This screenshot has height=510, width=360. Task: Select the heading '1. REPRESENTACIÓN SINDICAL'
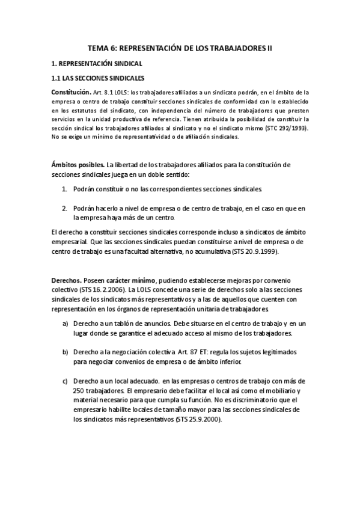tap(96, 63)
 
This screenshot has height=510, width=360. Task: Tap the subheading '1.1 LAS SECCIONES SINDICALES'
tap(98, 78)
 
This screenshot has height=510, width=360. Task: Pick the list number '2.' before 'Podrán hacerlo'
tap(65, 208)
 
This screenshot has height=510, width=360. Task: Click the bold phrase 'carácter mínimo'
tap(132, 280)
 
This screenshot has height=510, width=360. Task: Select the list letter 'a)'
tap(65, 324)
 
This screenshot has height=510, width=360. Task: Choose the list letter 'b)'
tap(65, 351)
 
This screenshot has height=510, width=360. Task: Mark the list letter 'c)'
tap(65, 381)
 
